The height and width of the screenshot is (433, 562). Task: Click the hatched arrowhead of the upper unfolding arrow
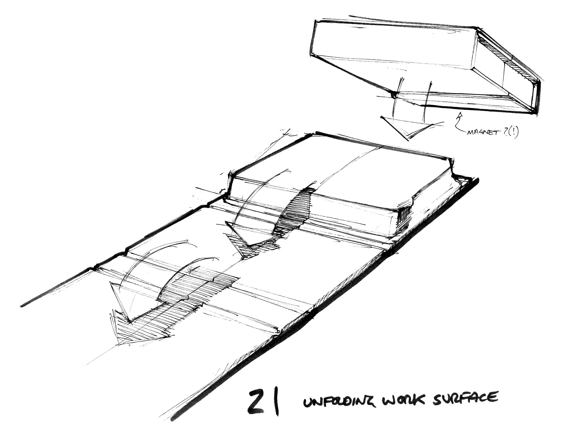(247, 247)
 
